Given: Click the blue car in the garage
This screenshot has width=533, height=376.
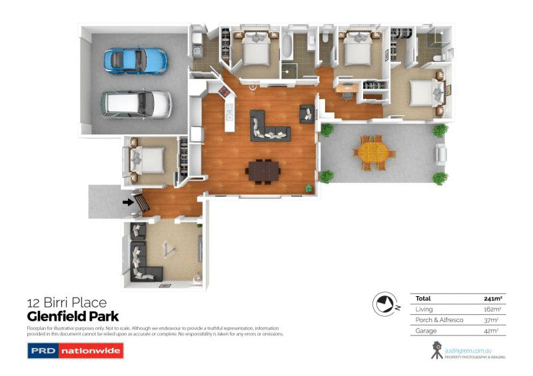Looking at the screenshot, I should click(x=135, y=59).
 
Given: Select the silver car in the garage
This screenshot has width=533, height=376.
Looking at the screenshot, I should click(x=136, y=103).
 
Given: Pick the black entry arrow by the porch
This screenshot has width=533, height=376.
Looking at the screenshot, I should click(x=127, y=201).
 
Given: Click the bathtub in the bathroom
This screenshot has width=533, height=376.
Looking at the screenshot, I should click(x=287, y=46).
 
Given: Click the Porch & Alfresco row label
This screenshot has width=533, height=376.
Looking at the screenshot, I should click(x=435, y=320).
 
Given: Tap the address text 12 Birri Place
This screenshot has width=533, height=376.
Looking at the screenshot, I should click(x=66, y=303).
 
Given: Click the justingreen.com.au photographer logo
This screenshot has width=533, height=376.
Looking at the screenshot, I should click(x=467, y=349).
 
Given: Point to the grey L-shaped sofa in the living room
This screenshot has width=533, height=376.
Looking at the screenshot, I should click(x=267, y=128).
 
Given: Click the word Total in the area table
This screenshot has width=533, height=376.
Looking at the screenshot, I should click(x=423, y=298).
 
